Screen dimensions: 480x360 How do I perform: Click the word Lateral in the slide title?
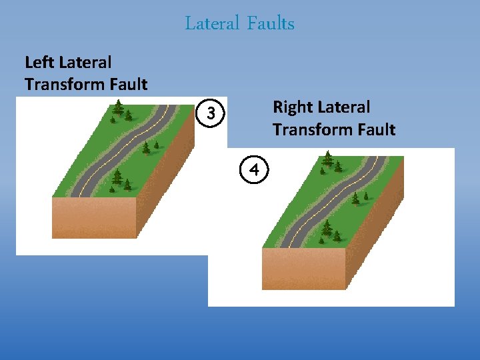pyautogui.click(x=211, y=24)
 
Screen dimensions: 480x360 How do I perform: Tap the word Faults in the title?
pyautogui.click(x=270, y=24)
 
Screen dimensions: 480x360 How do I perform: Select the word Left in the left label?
pyautogui.click(x=40, y=63)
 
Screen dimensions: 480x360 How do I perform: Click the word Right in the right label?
pyautogui.click(x=293, y=107)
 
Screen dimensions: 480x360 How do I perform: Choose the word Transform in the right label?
pyautogui.click(x=308, y=129)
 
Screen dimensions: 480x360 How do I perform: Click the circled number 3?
pyautogui.click(x=211, y=115)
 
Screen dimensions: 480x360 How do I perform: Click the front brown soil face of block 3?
pyautogui.click(x=95, y=218)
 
